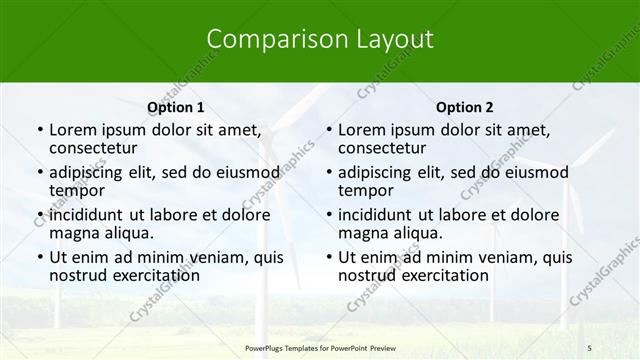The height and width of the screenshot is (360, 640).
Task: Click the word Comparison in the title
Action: click(x=268, y=40)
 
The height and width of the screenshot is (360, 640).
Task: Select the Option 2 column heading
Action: click(x=464, y=107)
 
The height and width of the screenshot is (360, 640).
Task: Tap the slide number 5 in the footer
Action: click(x=590, y=346)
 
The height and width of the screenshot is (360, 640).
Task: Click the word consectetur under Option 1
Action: click(x=98, y=148)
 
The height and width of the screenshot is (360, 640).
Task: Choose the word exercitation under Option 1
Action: click(x=154, y=275)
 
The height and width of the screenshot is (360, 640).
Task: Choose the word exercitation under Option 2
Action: click(x=443, y=275)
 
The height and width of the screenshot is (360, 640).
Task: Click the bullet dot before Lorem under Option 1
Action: click(x=39, y=130)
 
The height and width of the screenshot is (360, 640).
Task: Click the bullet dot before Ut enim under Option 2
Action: click(x=328, y=258)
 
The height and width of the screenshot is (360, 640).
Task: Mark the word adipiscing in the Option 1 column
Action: click(x=89, y=172)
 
